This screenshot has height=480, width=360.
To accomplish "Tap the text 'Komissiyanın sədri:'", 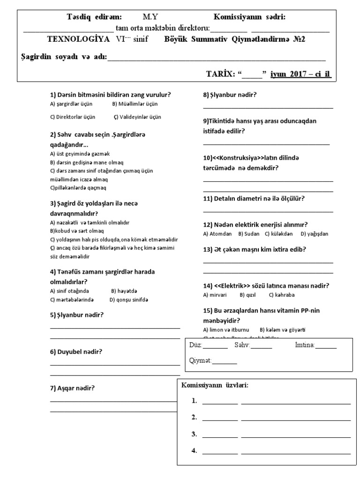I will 249,17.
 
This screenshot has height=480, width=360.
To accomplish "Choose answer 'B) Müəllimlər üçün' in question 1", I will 135,104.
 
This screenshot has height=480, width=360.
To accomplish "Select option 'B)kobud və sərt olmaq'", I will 77,231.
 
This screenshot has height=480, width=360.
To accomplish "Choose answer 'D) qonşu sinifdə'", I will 129,300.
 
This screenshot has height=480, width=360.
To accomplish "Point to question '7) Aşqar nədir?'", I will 72,388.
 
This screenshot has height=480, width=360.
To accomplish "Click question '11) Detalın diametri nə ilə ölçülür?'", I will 254,198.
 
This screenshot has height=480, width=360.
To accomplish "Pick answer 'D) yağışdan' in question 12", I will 315,233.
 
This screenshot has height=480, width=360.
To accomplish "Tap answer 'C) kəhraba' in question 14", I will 282,295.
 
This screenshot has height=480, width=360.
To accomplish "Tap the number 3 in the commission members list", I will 194,434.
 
